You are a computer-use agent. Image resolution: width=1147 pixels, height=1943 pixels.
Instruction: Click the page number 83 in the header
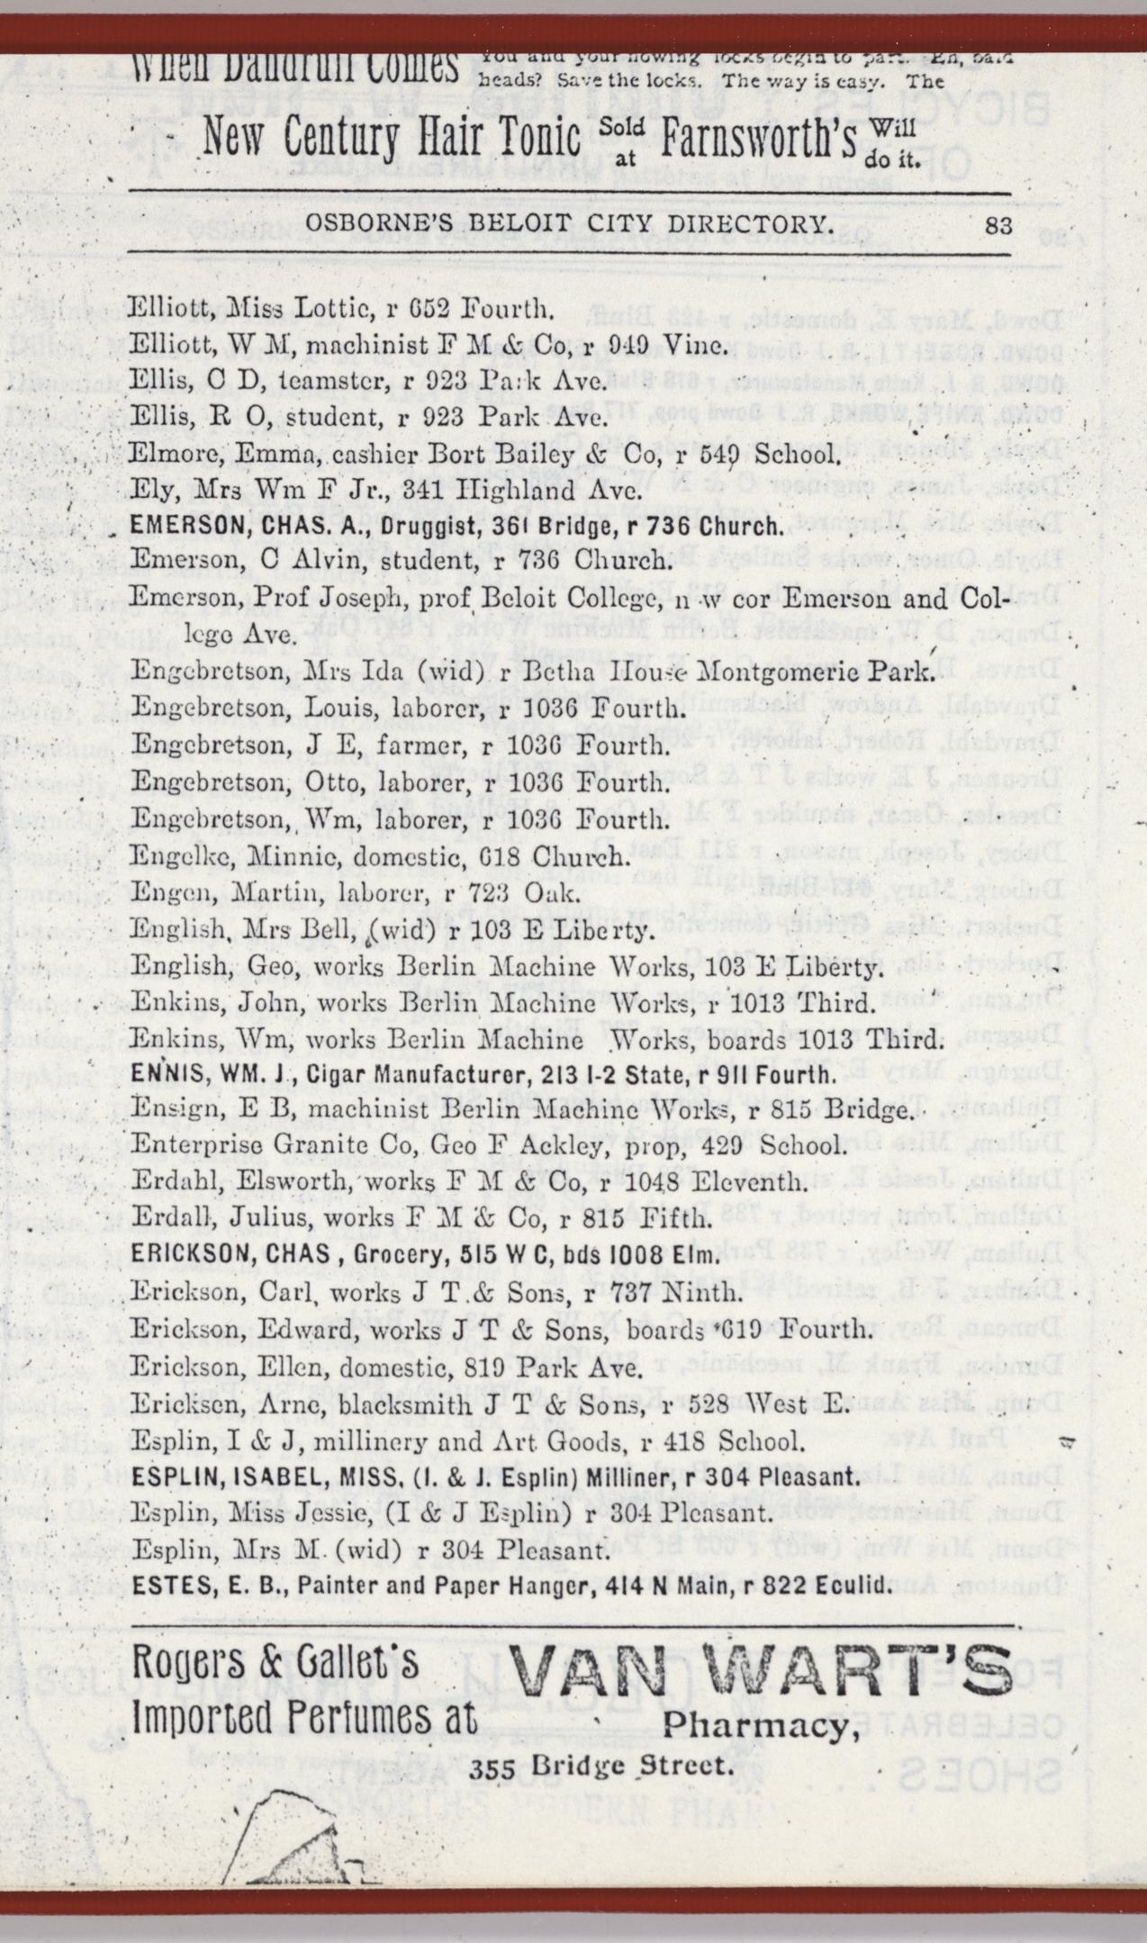click(x=999, y=226)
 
